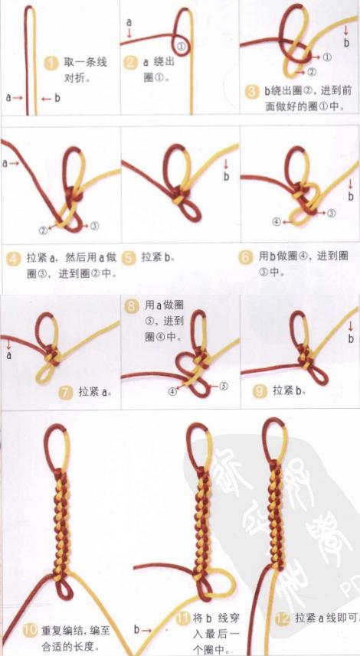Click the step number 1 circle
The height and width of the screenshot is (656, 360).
51,63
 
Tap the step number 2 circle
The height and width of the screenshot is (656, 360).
131,63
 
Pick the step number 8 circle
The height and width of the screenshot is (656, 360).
132,305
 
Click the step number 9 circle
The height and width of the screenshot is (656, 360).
260,391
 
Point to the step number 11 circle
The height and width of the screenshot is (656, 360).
182,618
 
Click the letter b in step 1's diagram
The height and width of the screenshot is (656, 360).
56,98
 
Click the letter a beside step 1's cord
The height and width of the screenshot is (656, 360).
8,98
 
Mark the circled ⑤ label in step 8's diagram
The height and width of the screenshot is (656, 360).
224,386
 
